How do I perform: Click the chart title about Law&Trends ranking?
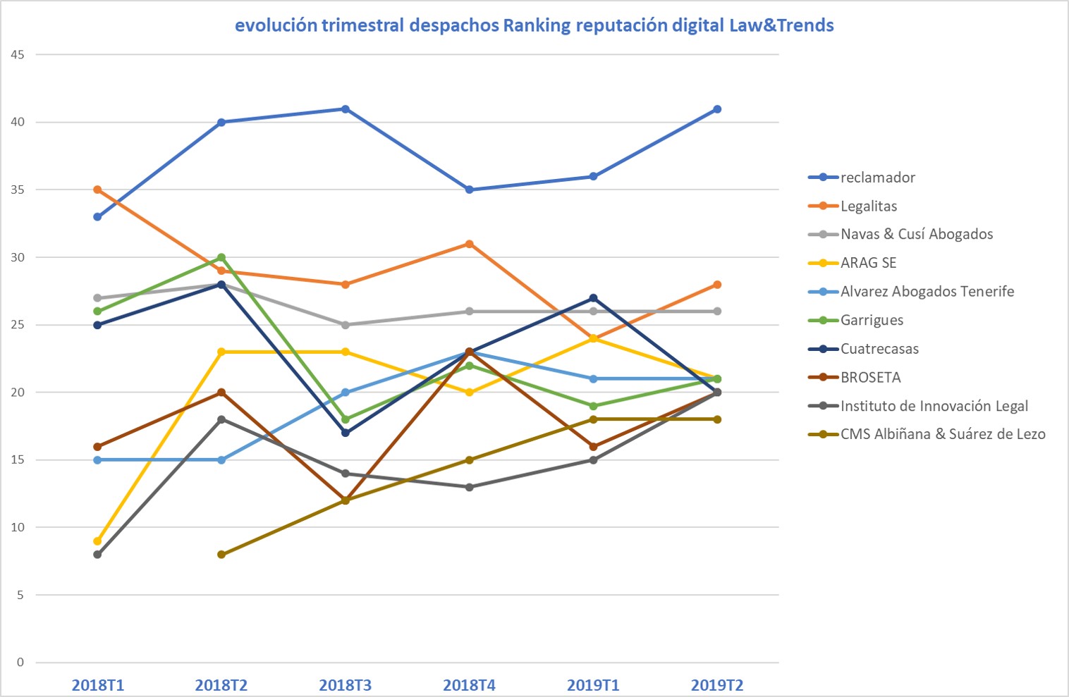534,25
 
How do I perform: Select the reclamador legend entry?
862,178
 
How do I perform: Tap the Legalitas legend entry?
853,206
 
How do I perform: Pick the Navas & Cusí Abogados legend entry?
900,234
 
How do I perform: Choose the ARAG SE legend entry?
853,263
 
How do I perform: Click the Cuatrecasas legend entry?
863,349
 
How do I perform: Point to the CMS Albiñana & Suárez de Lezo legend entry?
927,434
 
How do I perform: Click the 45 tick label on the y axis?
17,54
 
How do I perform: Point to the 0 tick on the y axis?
20,662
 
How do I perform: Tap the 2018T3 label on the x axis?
345,685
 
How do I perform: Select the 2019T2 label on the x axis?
717,685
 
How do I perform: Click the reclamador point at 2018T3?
346,109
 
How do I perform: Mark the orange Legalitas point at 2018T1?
97,190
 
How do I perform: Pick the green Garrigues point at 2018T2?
221,258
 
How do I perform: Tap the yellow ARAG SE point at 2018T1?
97,541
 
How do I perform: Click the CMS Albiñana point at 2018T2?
221,555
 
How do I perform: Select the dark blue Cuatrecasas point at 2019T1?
593,298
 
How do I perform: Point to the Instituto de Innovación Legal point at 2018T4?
469,487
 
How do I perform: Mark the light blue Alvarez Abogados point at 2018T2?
221,460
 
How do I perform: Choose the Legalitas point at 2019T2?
717,285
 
